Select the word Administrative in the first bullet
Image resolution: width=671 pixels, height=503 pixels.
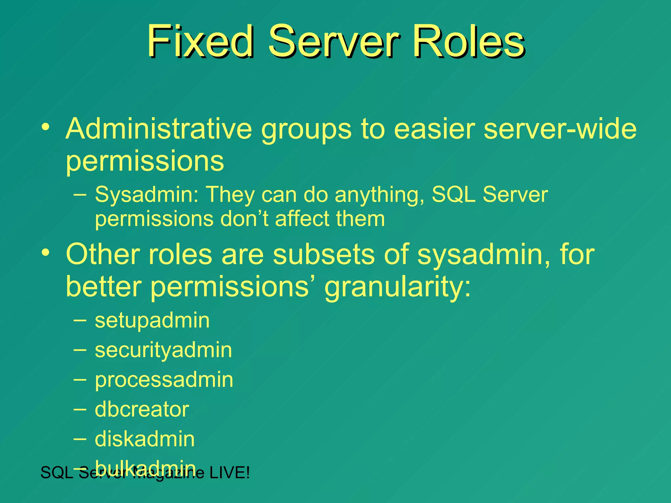[x=159, y=129]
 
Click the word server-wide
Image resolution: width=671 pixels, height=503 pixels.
[x=560, y=129]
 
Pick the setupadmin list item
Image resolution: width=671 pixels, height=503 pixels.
[x=152, y=321]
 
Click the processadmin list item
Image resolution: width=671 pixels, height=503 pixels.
[x=164, y=380]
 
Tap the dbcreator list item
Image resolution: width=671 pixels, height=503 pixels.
[x=142, y=410]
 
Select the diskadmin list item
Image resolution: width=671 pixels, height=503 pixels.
[x=144, y=439]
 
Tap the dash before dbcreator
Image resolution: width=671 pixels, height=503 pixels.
[x=80, y=409]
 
